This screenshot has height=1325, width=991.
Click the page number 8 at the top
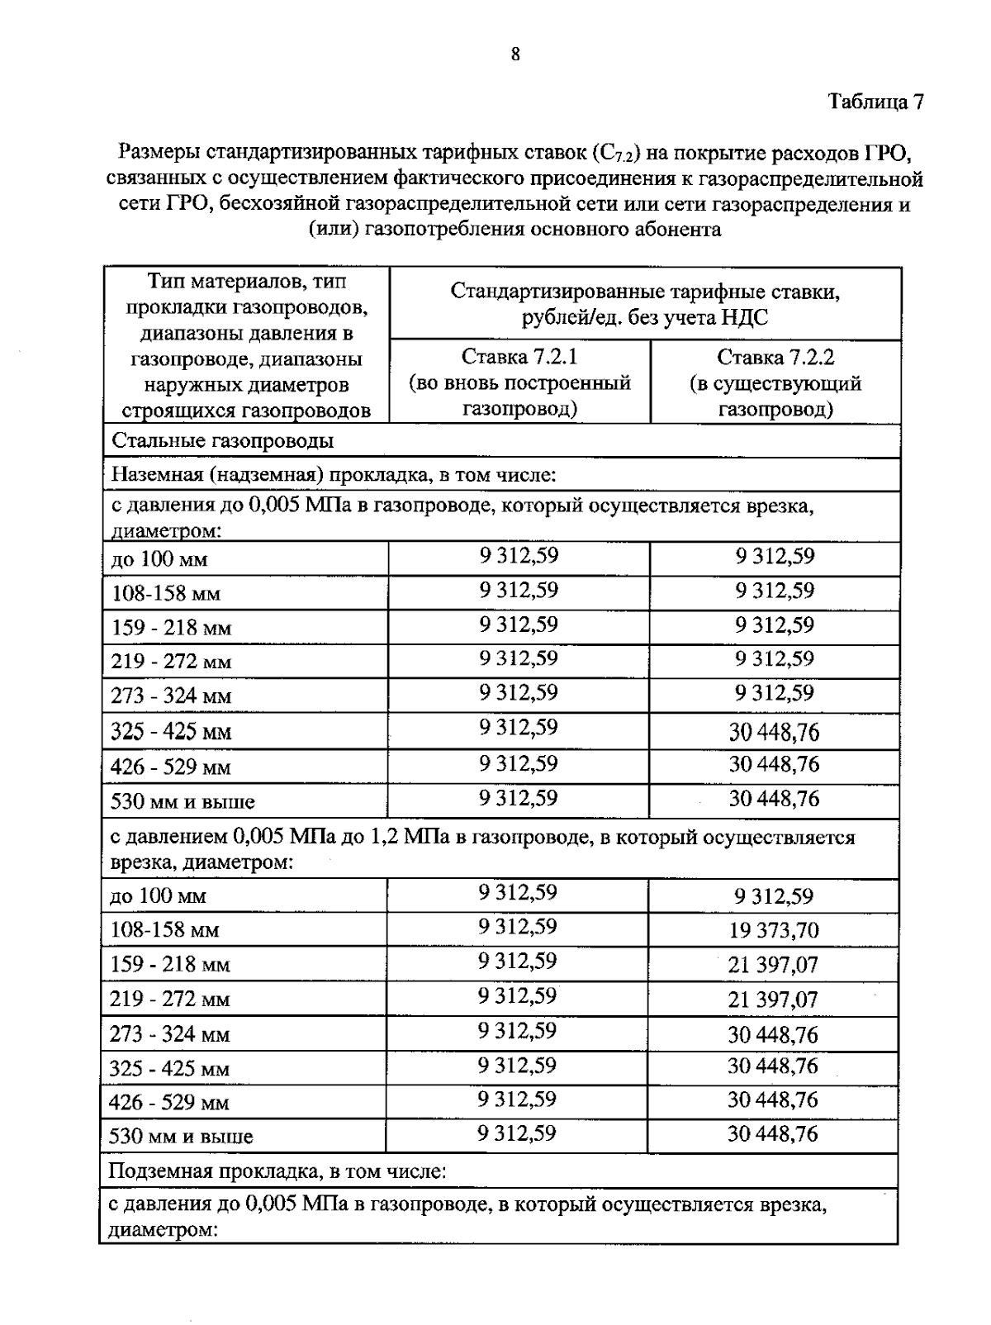coord(515,55)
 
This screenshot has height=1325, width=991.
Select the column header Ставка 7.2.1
coord(519,358)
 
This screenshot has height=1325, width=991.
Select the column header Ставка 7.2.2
coord(775,358)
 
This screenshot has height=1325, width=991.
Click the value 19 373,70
coord(773,931)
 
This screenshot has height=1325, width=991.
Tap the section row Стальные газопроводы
coord(223,440)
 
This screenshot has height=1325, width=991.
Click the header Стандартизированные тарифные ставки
coord(645,292)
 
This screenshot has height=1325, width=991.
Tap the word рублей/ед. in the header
coord(571,317)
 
